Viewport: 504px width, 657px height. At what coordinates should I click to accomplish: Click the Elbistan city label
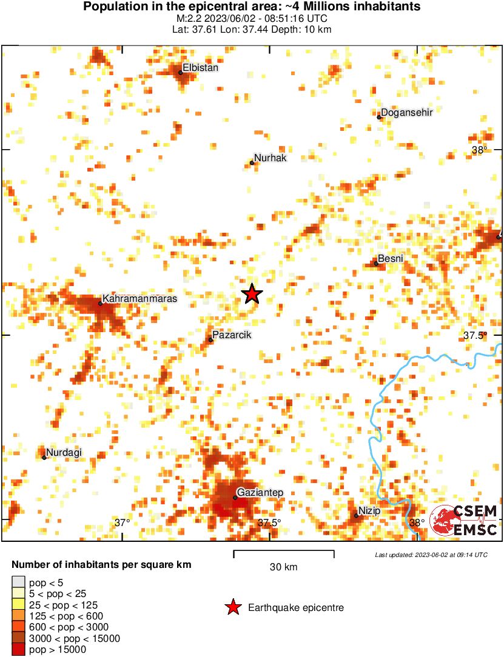pyautogui.click(x=201, y=68)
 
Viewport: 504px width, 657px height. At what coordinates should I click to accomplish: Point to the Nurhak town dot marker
pyautogui.click(x=252, y=162)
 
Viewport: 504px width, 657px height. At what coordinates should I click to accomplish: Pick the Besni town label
pyautogui.click(x=390, y=259)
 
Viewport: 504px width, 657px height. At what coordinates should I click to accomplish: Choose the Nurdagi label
pyautogui.click(x=64, y=452)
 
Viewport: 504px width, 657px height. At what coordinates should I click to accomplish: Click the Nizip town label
pyautogui.click(x=369, y=511)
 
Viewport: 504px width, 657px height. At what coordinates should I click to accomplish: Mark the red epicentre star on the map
pyautogui.click(x=252, y=294)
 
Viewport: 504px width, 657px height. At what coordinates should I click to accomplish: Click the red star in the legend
pyautogui.click(x=232, y=608)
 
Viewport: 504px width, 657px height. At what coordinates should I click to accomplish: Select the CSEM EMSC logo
pyautogui.click(x=464, y=521)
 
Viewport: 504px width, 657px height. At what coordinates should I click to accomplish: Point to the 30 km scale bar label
pyautogui.click(x=283, y=567)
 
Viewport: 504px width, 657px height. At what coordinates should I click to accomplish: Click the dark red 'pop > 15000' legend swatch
pyautogui.click(x=18, y=650)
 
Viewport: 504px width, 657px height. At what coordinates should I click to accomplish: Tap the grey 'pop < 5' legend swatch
pyautogui.click(x=18, y=582)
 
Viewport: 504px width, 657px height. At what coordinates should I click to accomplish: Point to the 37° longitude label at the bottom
pyautogui.click(x=123, y=522)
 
